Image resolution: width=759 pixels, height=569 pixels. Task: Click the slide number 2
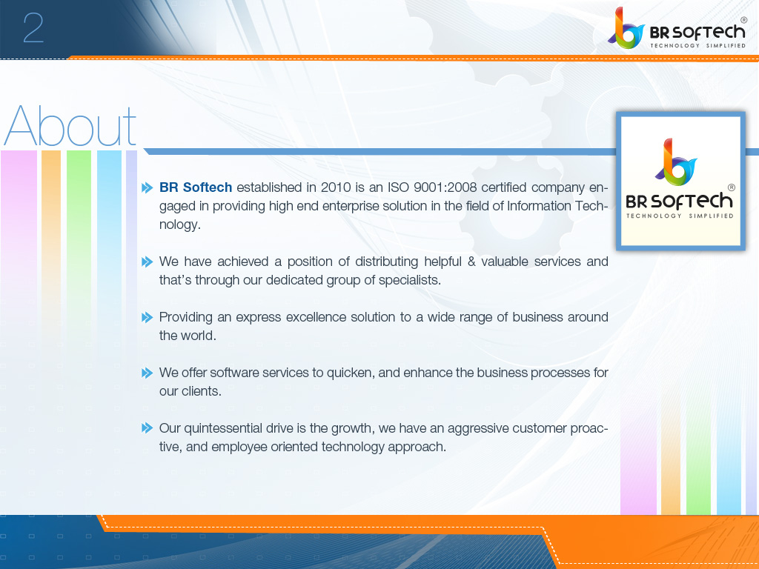(x=33, y=29)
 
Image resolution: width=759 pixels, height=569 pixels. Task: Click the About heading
(x=70, y=126)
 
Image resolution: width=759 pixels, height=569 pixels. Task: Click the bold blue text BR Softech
(x=196, y=187)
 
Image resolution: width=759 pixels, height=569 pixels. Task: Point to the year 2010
(x=336, y=187)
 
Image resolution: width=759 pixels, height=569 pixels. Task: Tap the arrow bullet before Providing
(x=147, y=317)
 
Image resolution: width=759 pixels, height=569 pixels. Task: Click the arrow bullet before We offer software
(x=147, y=373)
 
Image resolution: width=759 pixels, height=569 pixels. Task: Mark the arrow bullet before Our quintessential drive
(x=147, y=428)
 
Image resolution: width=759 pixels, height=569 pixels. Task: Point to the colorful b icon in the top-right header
(x=624, y=29)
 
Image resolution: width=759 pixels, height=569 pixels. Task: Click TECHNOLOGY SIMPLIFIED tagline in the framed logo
(x=680, y=216)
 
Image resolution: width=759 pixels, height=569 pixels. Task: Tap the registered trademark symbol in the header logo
(x=743, y=19)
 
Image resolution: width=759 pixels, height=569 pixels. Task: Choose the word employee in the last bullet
(x=242, y=447)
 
